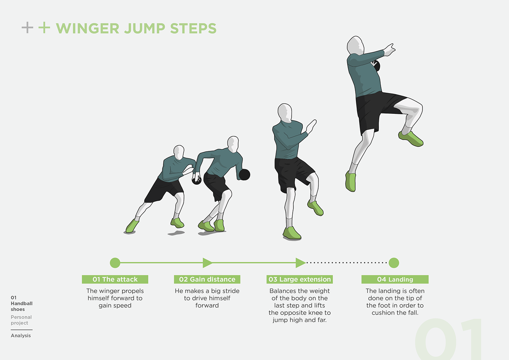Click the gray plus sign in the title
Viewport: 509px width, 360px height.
tap(27, 28)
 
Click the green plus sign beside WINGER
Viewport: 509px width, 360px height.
tap(44, 28)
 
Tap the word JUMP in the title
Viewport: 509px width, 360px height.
tap(145, 28)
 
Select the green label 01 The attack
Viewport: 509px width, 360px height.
tap(115, 279)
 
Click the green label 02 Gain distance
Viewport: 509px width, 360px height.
tap(207, 279)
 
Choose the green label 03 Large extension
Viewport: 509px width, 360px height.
tap(300, 279)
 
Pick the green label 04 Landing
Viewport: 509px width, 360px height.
tap(395, 279)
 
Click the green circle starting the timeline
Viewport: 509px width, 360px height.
tap(115, 263)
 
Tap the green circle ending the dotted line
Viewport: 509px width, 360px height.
tap(394, 263)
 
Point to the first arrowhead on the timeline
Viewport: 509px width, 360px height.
tap(207, 263)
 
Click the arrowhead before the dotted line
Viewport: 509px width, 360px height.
tap(300, 263)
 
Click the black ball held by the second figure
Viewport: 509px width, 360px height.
tap(244, 175)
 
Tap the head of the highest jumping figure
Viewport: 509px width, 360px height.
tap(356, 46)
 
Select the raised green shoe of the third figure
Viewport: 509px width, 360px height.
tap(316, 208)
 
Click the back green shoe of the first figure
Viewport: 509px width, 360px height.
tap(132, 226)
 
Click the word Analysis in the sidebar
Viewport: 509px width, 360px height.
tap(21, 335)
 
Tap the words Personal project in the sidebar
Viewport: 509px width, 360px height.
tap(21, 320)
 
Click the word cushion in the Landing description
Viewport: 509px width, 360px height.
tap(383, 313)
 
